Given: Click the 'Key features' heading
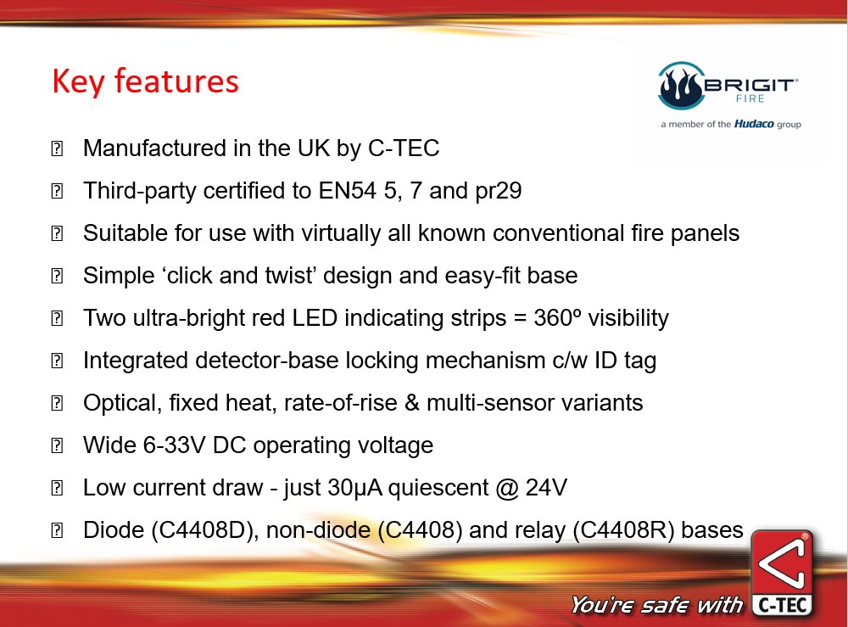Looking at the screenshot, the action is [x=146, y=81].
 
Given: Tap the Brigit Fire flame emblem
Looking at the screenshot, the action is [x=682, y=86].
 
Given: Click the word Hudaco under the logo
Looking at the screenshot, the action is [x=754, y=124].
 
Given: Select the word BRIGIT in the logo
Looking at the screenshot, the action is [x=750, y=85].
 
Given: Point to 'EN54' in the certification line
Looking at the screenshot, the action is [x=347, y=190].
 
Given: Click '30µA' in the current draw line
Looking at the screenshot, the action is [x=354, y=488].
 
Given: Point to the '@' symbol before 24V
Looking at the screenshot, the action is [x=507, y=489].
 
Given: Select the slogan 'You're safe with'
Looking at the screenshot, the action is [x=656, y=605].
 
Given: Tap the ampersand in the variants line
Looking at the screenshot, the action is [x=411, y=403].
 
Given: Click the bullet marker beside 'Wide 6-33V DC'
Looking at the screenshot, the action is [x=57, y=445].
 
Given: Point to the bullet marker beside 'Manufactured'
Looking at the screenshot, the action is [x=57, y=148].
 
